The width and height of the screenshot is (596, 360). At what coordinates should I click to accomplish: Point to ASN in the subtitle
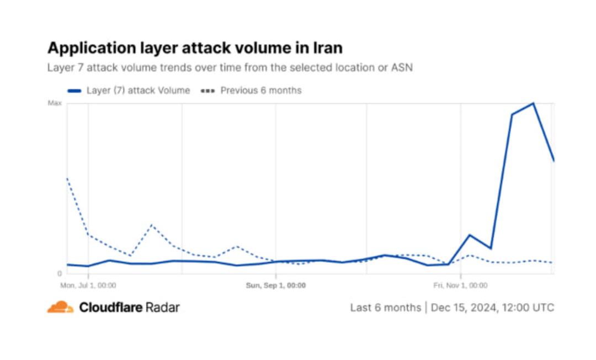click(402, 68)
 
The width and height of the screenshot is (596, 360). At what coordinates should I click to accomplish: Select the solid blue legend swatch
click(74, 91)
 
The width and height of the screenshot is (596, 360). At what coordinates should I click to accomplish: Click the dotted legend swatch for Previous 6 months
click(208, 91)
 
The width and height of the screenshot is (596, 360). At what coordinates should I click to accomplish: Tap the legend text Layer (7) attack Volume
click(139, 91)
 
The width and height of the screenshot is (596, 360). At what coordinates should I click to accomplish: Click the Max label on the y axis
click(55, 103)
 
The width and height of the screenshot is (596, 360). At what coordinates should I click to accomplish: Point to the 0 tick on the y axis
click(59, 273)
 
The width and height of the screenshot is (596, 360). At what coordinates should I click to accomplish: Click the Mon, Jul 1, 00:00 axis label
click(88, 285)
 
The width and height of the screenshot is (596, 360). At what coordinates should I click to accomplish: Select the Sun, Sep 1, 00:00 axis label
click(275, 285)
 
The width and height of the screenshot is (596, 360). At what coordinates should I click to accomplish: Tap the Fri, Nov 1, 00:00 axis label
click(460, 285)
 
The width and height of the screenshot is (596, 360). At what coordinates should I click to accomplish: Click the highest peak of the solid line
click(533, 103)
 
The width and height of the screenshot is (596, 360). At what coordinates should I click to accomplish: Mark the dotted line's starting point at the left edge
click(67, 178)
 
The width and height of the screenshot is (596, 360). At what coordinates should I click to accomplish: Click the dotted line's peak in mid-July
click(152, 225)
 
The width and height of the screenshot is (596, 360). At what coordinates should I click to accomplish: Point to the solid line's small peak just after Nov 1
click(470, 235)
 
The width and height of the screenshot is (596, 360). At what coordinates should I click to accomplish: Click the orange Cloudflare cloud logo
click(60, 307)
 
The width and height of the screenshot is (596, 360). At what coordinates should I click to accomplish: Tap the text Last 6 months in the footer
click(385, 308)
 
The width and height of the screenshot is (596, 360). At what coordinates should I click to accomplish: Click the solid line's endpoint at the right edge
click(554, 161)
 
